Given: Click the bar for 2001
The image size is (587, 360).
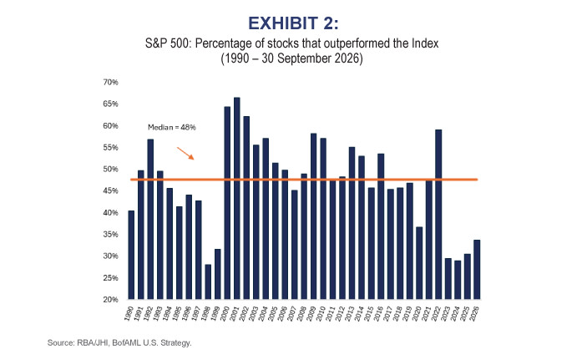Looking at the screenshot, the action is (x=236, y=198).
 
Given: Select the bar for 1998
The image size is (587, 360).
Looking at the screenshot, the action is (x=208, y=281).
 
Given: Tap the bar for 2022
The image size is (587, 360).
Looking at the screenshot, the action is (x=438, y=215).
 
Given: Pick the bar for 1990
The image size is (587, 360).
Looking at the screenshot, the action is (x=131, y=255).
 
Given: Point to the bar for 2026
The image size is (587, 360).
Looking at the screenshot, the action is (x=477, y=269).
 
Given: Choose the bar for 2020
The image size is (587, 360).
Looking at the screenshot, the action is (x=419, y=263).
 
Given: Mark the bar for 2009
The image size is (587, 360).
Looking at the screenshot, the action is (x=314, y=216).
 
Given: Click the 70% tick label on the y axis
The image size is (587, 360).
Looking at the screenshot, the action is (x=110, y=82).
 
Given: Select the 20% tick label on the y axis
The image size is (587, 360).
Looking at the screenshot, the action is (x=110, y=299).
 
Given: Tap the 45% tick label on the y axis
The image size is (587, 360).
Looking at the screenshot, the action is (x=110, y=190).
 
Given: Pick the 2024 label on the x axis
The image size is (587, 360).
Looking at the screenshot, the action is (x=455, y=313).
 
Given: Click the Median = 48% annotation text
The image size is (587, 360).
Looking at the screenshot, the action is (x=172, y=127).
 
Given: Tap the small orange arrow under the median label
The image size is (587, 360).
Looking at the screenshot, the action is (x=185, y=153).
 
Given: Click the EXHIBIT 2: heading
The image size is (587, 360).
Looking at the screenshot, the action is (x=294, y=23).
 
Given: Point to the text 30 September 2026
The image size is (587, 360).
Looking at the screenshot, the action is (x=311, y=58).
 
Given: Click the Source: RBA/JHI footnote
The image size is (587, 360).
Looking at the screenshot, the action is (x=119, y=342).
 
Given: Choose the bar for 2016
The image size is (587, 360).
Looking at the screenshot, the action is (x=381, y=226).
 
